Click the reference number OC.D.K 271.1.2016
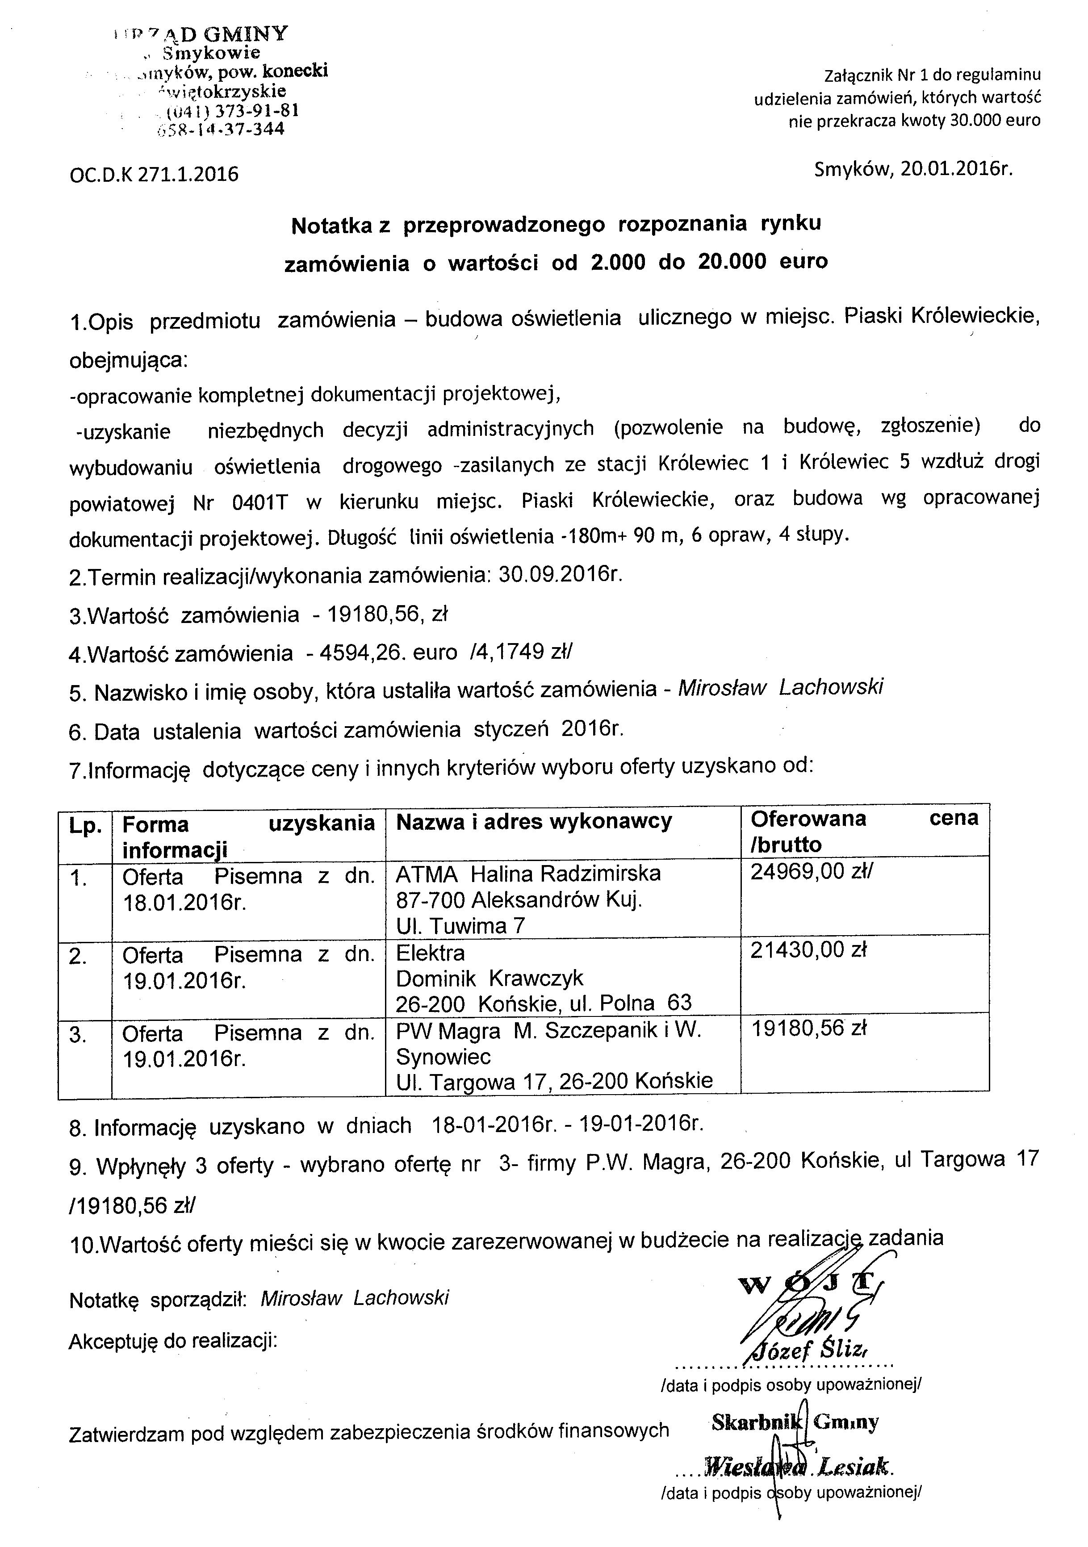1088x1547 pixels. pos(154,175)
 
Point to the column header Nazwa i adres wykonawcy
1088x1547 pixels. pos(534,821)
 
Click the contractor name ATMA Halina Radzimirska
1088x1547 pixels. pos(528,874)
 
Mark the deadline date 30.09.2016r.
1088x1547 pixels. pos(558,575)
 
